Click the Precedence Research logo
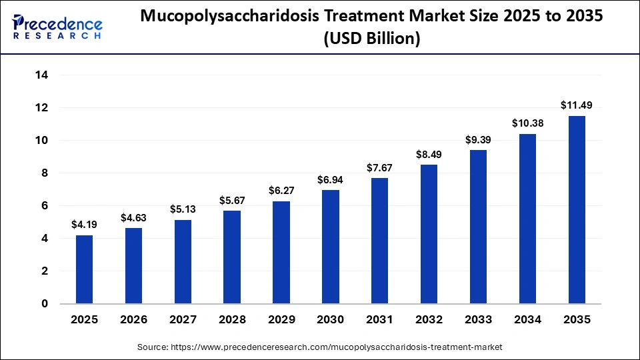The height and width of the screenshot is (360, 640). pos(57,27)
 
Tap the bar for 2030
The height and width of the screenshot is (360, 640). pos(331,247)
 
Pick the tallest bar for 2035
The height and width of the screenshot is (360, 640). pos(577,209)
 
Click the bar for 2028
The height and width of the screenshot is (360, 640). pos(232,257)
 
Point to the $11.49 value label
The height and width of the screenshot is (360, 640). pos(577,105)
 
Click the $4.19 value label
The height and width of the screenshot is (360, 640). pos(84,224)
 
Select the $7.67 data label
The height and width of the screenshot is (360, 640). pos(380,167)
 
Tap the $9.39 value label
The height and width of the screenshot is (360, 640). pos(478,139)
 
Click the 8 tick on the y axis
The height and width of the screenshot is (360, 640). pos(45,173)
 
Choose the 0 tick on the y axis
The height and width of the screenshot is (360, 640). pos(45,304)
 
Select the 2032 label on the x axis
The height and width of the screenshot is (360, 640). pos(429,320)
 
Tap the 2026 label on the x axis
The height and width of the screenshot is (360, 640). pos(133,320)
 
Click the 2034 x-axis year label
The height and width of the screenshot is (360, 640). pos(527,320)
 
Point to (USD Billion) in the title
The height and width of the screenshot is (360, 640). pos(371,39)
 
